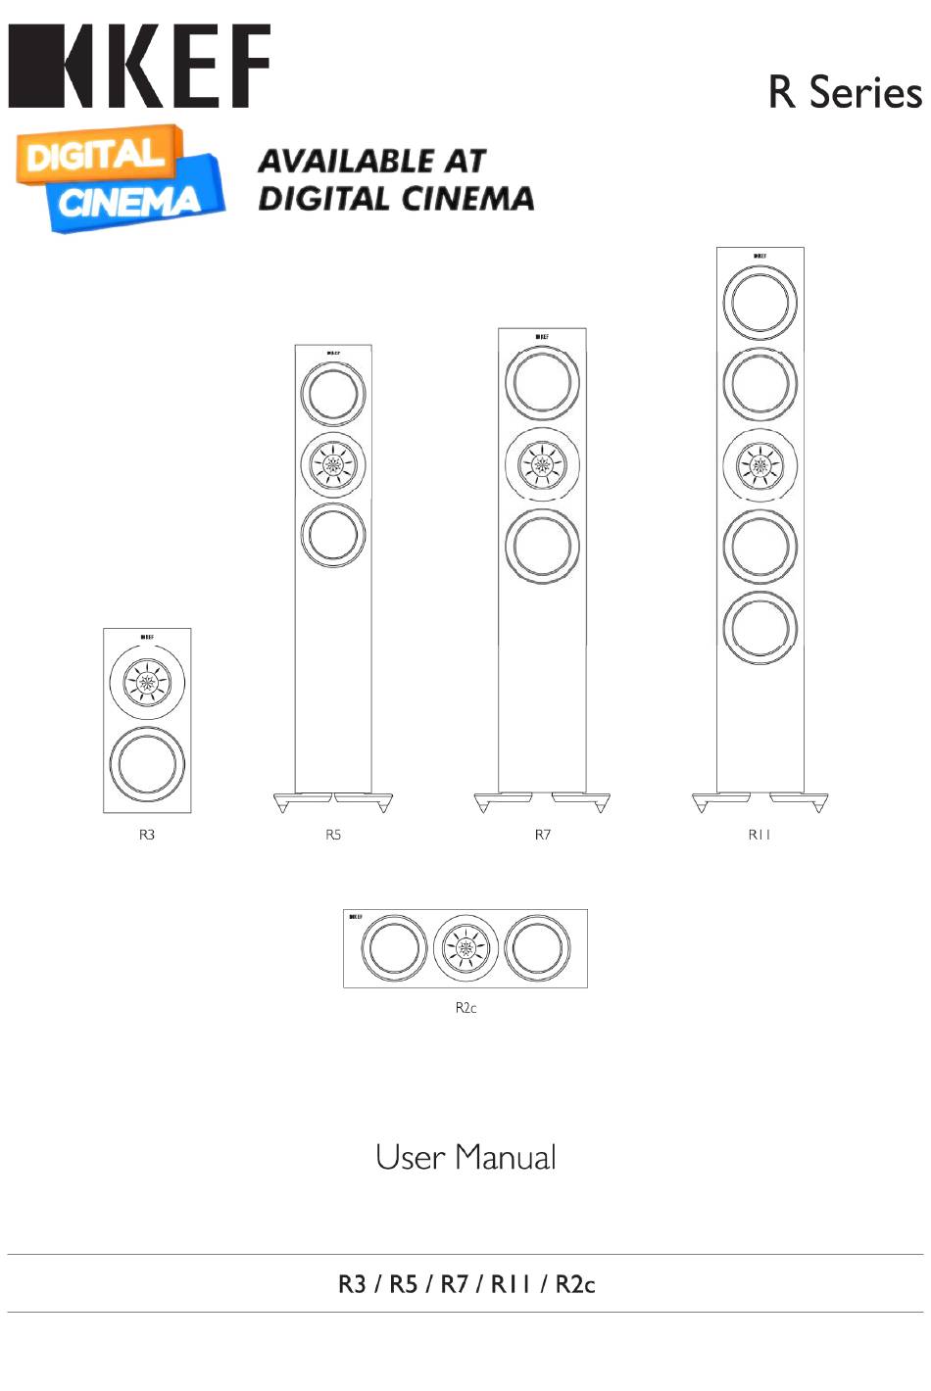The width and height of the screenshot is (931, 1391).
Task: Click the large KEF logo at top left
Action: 139,66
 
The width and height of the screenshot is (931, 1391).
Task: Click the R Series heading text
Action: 846,92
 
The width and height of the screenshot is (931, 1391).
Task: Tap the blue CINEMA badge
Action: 132,200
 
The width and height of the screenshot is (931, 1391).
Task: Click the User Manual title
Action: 465,1158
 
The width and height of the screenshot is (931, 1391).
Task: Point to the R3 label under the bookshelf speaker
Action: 147,835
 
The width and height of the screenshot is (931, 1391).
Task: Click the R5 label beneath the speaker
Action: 333,835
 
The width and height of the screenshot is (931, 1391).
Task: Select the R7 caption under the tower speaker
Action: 542,835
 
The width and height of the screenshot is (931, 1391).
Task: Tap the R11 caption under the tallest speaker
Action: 759,835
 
